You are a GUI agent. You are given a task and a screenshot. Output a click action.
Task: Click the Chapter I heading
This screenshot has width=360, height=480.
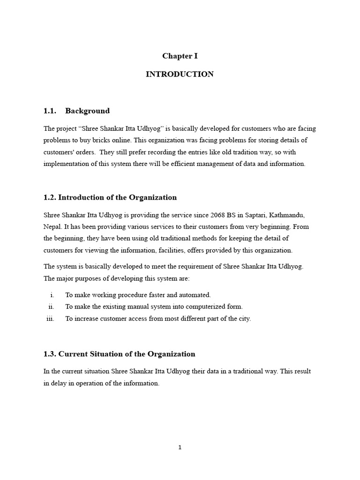180,56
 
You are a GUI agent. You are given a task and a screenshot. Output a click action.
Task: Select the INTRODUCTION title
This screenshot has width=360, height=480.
180,74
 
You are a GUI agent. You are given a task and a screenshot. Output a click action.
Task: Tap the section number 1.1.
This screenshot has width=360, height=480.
50,111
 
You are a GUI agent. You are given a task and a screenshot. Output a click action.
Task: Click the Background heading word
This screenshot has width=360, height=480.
87,111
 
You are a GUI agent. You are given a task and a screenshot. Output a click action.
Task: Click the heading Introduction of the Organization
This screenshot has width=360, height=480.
117,197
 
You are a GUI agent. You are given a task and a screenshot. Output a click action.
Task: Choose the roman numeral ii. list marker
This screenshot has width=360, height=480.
51,307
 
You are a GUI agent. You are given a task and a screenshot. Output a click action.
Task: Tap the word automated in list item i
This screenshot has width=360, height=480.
196,295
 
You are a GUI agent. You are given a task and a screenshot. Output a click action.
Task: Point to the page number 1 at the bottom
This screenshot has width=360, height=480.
180,448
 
